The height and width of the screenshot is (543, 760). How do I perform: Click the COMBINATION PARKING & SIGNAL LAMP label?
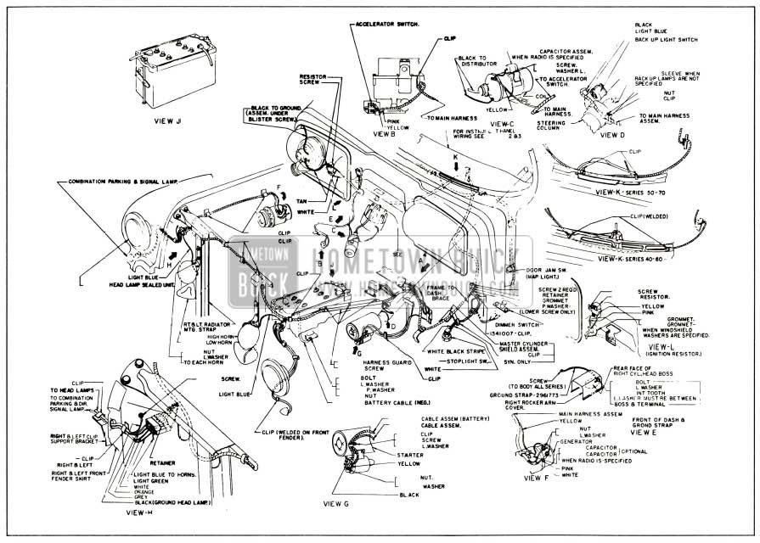122,182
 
